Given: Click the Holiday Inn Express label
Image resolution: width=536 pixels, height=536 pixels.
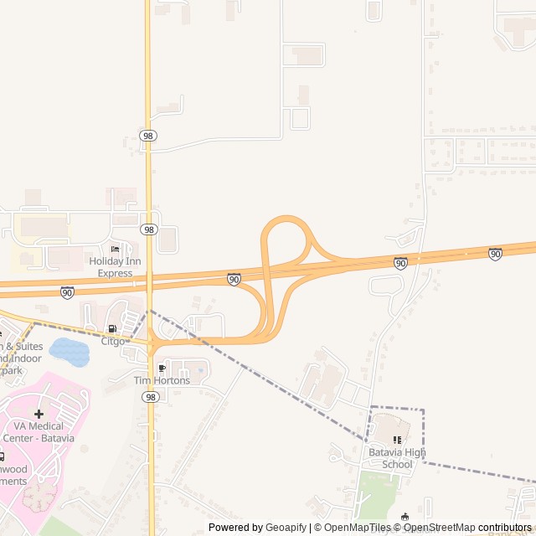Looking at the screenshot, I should coord(115,267).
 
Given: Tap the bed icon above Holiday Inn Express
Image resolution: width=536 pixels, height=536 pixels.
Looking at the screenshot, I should coord(115,250).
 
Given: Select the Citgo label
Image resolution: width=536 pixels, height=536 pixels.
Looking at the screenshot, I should coord(113,341).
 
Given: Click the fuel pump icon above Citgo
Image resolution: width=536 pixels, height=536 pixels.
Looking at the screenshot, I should coord(112,328).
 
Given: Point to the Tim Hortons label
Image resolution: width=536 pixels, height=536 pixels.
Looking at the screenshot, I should coord(162,380).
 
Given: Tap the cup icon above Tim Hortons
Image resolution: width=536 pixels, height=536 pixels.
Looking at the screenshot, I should coord(162,368).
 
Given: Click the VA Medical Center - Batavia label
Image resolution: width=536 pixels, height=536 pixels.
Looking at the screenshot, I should coord(39,432).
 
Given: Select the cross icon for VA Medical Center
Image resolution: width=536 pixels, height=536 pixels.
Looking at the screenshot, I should coord(39,414).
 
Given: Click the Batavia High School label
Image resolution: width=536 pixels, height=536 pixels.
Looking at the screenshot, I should coord(397,458).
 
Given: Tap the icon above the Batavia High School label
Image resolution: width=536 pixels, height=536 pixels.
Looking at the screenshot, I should coord(397,440).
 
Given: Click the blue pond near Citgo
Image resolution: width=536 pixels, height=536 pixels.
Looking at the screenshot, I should coord(70,353).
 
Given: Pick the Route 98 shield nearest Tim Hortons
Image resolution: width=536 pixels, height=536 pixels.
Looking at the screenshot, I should coord(150,396).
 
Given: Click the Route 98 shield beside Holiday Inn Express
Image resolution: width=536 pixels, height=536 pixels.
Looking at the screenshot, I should coord(149,229).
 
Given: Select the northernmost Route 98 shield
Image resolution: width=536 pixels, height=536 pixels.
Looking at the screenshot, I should coord(149,135).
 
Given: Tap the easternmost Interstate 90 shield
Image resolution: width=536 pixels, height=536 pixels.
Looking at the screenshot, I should coord(495,254).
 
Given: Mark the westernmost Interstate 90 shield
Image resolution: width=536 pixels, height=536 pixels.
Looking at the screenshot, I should coord(67,292).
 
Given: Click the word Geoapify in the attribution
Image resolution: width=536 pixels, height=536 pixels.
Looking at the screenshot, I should coord(286,528).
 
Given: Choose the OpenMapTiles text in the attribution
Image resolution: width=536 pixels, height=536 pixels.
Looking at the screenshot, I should coord(358,528).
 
